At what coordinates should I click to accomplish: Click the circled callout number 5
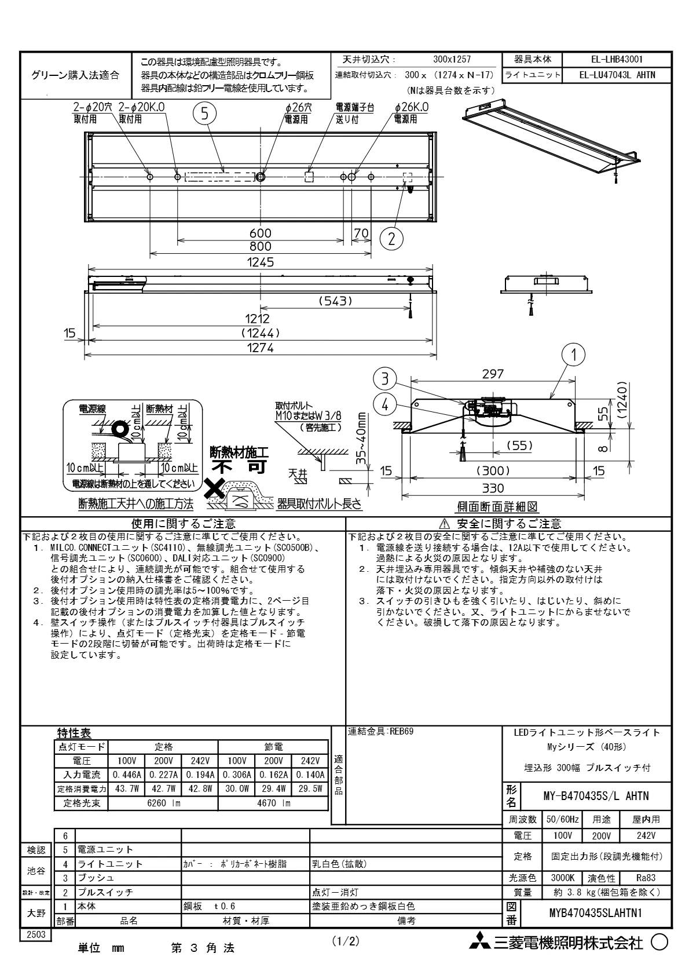[x=204, y=114]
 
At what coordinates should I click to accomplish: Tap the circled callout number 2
[x=392, y=238]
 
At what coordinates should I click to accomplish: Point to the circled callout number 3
[x=384, y=379]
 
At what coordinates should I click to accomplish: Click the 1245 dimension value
[x=260, y=262]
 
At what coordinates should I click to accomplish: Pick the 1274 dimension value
[x=260, y=348]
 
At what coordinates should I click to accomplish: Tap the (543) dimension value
[x=335, y=301]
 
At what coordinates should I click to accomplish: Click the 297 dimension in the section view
[x=493, y=374]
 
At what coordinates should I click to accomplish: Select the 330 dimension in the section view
[x=493, y=488]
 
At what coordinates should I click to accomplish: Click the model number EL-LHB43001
[x=617, y=59]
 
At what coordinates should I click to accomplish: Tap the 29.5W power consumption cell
[x=310, y=788]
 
